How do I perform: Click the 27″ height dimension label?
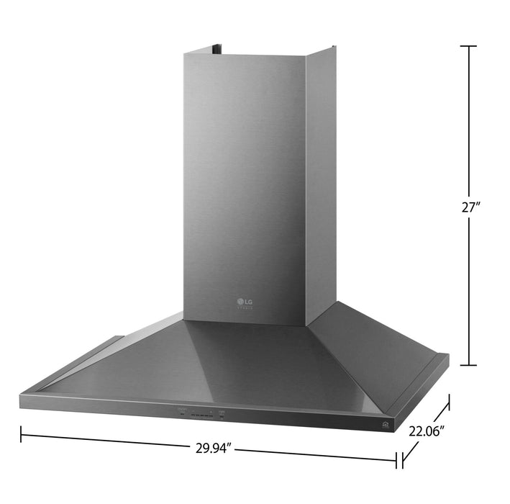[x=470, y=206]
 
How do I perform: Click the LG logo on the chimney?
[x=245, y=301]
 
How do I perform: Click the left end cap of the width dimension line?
[x=21, y=434]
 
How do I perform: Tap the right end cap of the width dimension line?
[x=396, y=459]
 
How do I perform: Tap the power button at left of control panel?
[x=181, y=414]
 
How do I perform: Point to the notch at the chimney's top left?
[x=217, y=49]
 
